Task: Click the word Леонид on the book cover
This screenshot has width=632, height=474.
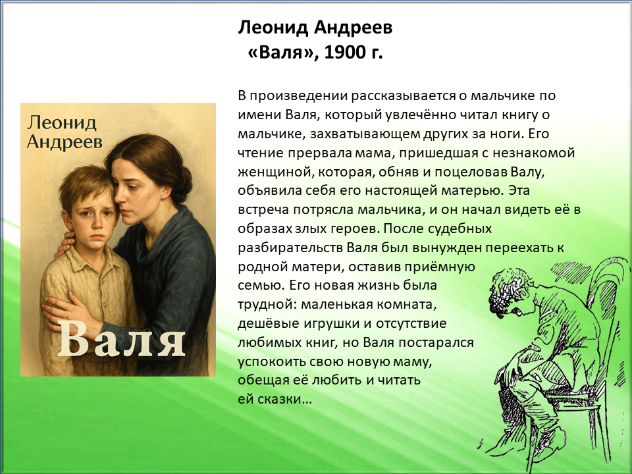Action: pos(62,122)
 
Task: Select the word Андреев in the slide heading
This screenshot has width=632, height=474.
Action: pos(353,28)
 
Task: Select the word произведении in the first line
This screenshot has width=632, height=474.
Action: pos(299,96)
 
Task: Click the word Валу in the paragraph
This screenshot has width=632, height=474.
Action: pos(527,172)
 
